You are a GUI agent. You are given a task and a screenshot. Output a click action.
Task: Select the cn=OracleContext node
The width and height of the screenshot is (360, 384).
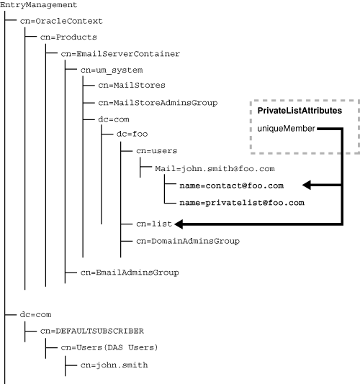point(61,22)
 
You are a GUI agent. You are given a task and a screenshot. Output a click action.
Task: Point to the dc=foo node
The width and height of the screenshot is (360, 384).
point(127,135)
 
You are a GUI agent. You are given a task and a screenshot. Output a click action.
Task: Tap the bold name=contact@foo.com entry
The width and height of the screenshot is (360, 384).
point(231,186)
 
